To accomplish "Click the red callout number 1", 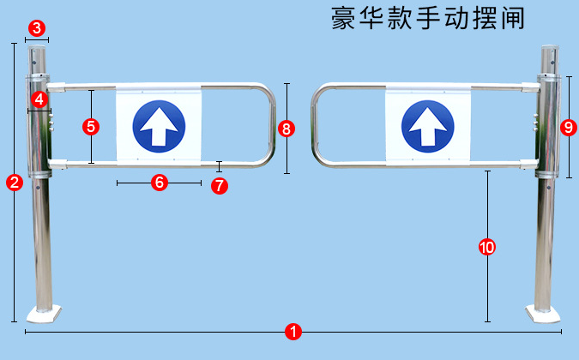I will pyautogui.click(x=293, y=332).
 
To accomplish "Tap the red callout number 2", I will pyautogui.click(x=14, y=182).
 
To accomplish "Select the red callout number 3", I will pyautogui.click(x=36, y=27).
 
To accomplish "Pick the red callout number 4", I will pyautogui.click(x=38, y=99).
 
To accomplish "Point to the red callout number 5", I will pyautogui.click(x=90, y=126).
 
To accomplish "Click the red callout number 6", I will pyautogui.click(x=159, y=182).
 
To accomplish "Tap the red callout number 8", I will pyautogui.click(x=286, y=129).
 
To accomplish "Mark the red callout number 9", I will pyautogui.click(x=567, y=126).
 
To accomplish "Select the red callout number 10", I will pyautogui.click(x=486, y=247).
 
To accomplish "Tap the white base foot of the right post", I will pyautogui.click(x=541, y=314).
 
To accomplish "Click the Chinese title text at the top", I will pyautogui.click(x=426, y=18).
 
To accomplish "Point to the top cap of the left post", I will pyautogui.click(x=37, y=50).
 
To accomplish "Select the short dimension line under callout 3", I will pyautogui.click(x=37, y=39).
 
